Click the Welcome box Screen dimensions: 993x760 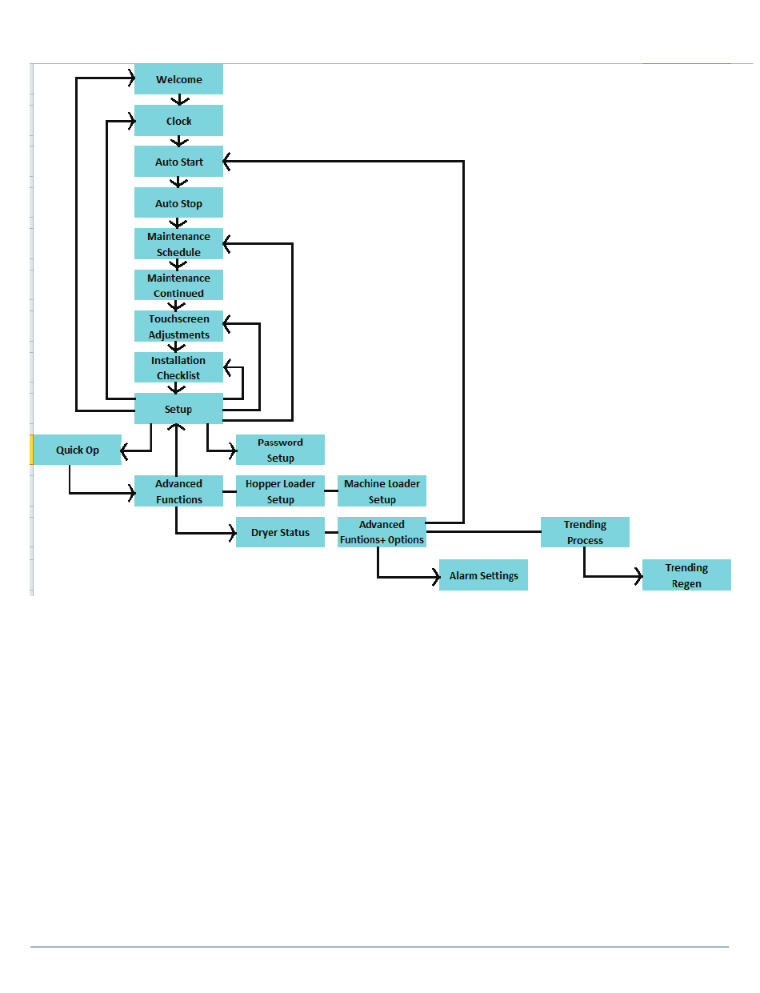pos(178,79)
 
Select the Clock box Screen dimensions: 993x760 pos(178,121)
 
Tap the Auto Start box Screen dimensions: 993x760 pos(178,162)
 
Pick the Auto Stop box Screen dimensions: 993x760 pos(178,203)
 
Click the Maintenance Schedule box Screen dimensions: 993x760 pos(178,244)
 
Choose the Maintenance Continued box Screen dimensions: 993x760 pos(178,286)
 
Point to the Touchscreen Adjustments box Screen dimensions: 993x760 pos(178,326)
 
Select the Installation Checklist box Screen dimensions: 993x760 pos(178,368)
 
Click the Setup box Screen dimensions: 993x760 pos(178,409)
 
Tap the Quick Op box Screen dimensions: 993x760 pos(77,450)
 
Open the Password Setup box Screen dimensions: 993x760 pos(280,450)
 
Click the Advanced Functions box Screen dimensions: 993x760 pos(178,491)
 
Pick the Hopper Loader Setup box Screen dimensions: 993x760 pos(280,491)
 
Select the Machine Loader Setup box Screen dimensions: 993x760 pos(382,491)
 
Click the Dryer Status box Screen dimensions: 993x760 pos(280,532)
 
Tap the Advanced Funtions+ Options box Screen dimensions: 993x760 pos(382,532)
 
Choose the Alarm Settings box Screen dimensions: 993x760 pos(483,575)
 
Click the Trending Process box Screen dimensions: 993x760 pos(585,532)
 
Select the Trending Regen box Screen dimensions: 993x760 pos(686,575)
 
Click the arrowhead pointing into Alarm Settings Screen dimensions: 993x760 pos(435,575)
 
